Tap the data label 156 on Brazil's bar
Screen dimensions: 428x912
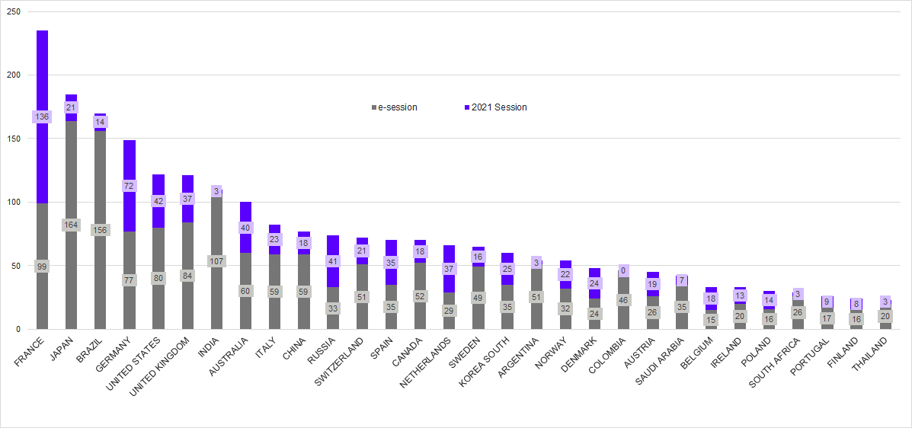(x=100, y=230)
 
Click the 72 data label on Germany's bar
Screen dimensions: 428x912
(x=129, y=186)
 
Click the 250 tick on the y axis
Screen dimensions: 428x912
(x=14, y=11)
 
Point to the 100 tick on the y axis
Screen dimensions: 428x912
(x=14, y=203)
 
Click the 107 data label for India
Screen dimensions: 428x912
(x=216, y=261)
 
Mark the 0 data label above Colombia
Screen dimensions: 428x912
(x=622, y=270)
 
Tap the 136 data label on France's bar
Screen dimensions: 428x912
(x=42, y=117)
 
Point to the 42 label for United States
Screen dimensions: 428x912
(x=158, y=201)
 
